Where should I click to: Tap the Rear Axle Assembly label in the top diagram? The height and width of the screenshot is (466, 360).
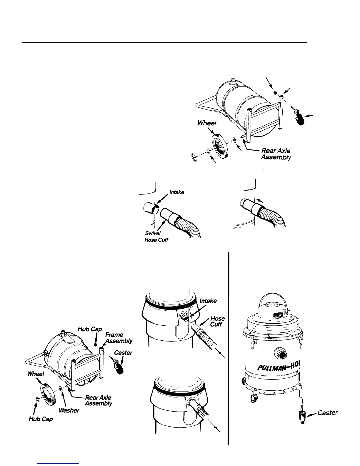276,154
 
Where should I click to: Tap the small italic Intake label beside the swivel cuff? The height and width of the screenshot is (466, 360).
177,192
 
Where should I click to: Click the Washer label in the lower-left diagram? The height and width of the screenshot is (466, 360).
69,410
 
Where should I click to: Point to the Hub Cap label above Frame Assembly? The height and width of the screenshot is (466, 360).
90,329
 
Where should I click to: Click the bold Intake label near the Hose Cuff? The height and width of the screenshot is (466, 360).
208,301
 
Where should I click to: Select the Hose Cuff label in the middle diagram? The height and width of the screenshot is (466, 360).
217,321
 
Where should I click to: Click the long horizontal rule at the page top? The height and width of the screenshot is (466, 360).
165,43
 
